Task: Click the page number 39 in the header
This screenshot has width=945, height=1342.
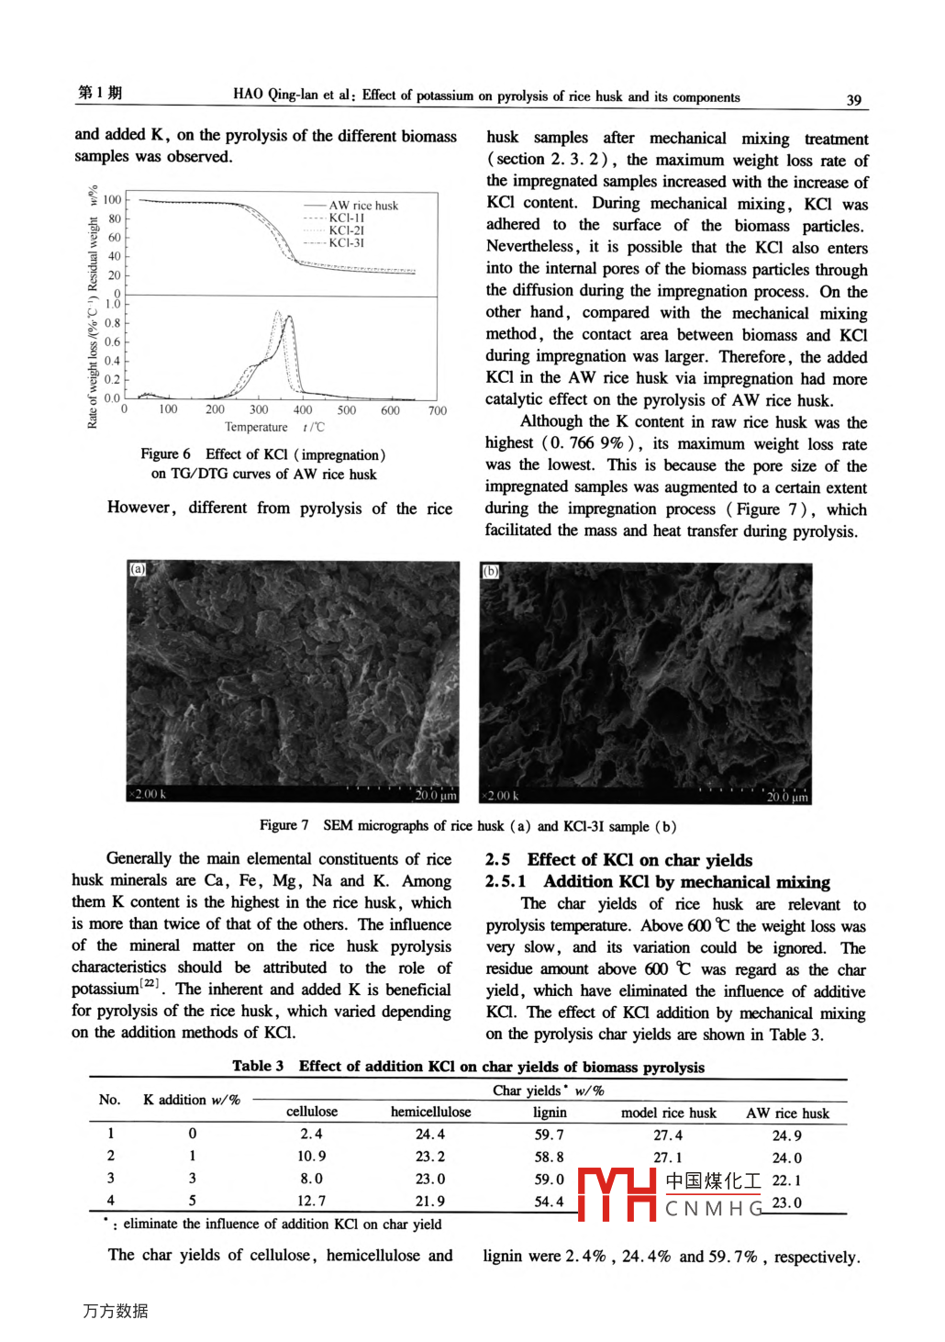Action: click(x=853, y=99)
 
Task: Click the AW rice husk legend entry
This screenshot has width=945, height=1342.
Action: click(x=363, y=206)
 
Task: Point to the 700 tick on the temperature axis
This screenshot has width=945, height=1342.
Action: click(x=437, y=410)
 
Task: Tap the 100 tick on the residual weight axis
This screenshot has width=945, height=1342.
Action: click(x=112, y=199)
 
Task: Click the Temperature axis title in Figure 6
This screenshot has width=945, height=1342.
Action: click(x=256, y=427)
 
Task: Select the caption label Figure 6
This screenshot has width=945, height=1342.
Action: click(x=165, y=453)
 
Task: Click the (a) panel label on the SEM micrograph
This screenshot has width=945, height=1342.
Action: click(x=138, y=569)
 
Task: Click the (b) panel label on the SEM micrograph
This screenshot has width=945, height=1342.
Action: click(x=490, y=571)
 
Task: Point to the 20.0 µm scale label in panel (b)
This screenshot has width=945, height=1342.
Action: click(x=786, y=797)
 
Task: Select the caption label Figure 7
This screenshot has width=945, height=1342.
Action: click(x=283, y=825)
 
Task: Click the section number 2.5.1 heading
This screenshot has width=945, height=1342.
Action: click(x=506, y=881)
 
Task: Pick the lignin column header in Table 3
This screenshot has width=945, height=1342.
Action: click(x=550, y=1112)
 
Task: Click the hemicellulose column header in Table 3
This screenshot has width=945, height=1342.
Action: click(x=430, y=1112)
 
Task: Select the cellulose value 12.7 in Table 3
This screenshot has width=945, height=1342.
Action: click(x=311, y=1201)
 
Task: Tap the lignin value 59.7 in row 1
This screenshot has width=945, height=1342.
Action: click(x=549, y=1135)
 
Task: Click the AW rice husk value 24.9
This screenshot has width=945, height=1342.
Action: click(x=786, y=1135)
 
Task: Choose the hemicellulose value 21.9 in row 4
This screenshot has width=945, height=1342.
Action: click(x=429, y=1201)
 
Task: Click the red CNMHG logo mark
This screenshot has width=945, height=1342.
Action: click(x=617, y=1193)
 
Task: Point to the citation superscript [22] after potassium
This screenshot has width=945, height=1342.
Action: click(x=150, y=983)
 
